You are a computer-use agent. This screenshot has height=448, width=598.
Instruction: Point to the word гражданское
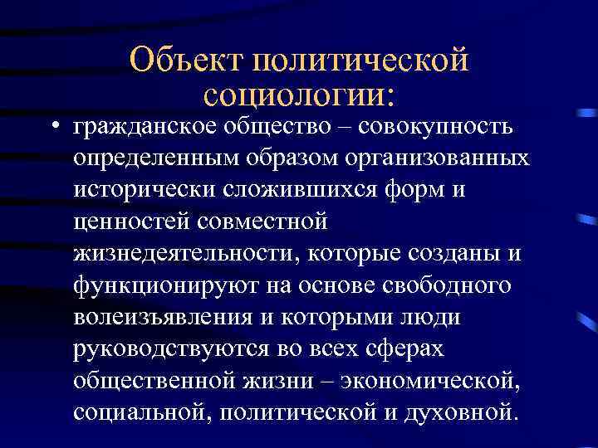(143, 127)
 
